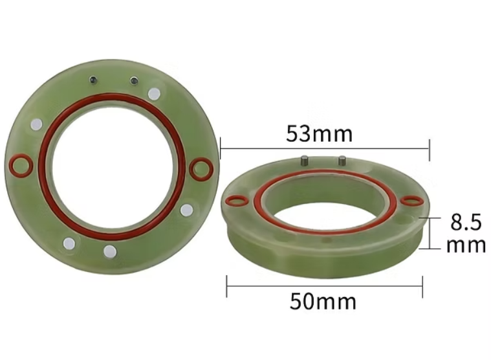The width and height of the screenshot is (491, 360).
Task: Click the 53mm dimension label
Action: tap(319, 133)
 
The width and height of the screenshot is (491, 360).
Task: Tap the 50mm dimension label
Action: tap(323, 302)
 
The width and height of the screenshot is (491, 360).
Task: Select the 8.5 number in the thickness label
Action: tap(466, 223)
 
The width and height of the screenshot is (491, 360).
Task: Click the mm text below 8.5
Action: tap(466, 245)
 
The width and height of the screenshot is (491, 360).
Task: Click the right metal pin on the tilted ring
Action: tap(342, 161)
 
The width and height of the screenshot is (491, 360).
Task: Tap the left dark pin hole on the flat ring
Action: tap(93, 80)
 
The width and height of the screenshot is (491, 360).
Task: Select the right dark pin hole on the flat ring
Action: tap(134, 80)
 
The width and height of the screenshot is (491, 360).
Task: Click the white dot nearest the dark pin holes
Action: tap(154, 94)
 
